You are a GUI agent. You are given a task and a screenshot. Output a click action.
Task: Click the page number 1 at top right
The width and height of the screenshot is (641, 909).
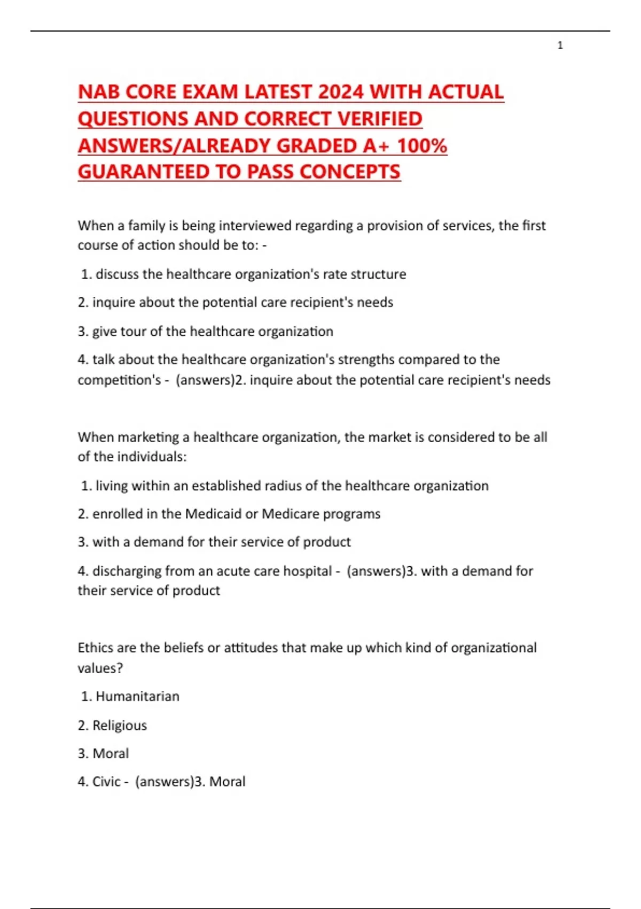click(560, 45)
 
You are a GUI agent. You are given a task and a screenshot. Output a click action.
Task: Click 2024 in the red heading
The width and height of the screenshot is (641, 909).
click(340, 92)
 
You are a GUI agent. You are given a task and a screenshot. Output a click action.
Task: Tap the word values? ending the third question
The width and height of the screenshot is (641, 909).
click(100, 668)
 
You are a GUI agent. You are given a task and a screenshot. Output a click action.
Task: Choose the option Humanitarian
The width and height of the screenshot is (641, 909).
click(137, 697)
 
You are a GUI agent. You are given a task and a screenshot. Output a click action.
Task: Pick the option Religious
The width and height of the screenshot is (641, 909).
click(119, 726)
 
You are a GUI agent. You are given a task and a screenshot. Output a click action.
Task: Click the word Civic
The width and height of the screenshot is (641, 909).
click(106, 782)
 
